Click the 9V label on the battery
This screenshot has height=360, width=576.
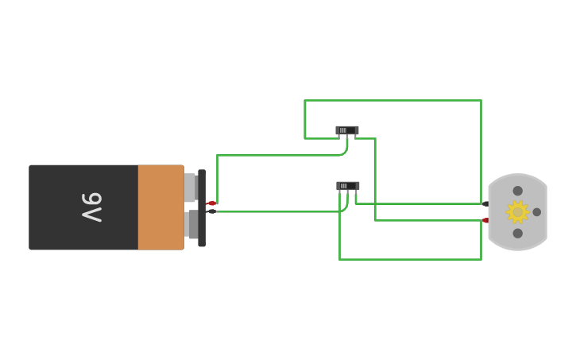(x=92, y=207)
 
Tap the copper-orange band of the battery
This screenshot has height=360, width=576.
(x=160, y=207)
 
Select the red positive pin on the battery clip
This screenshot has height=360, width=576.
(x=212, y=203)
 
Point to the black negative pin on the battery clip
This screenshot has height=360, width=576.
(x=211, y=211)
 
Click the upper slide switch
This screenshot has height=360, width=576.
(x=347, y=130)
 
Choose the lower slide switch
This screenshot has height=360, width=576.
(x=347, y=186)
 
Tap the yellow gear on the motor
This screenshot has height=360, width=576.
(x=518, y=211)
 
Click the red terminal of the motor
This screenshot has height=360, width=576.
(x=485, y=220)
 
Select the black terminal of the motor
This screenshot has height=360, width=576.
(x=485, y=203)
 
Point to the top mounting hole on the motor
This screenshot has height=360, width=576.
(x=518, y=191)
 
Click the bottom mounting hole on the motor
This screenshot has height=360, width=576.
(x=518, y=233)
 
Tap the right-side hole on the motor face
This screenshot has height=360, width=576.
(x=537, y=212)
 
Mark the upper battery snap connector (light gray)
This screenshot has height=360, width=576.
(x=191, y=188)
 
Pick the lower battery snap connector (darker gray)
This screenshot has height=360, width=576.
(x=192, y=223)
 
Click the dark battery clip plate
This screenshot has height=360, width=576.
(x=202, y=208)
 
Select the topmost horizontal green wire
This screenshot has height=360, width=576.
(x=392, y=100)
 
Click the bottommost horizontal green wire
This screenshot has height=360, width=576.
(x=410, y=259)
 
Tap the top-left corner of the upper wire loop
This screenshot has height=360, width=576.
(x=305, y=101)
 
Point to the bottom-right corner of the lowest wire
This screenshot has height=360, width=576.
(x=481, y=259)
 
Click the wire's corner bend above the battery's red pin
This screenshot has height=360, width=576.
(x=217, y=156)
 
